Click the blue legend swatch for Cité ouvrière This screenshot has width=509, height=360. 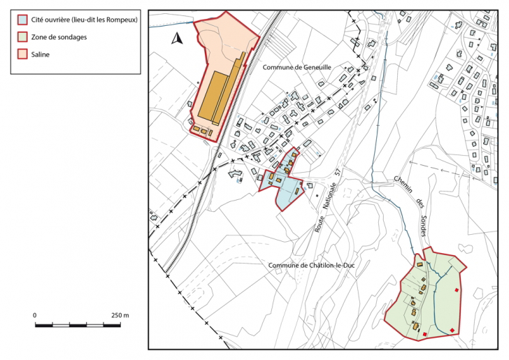[23, 20]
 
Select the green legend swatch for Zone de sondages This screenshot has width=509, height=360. [23, 37]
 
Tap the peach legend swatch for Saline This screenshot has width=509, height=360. [23, 54]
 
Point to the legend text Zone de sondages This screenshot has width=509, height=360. [59, 37]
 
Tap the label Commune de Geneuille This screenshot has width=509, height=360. [296, 67]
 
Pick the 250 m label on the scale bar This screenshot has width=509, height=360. [120, 315]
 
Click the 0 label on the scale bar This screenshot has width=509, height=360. [35, 315]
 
